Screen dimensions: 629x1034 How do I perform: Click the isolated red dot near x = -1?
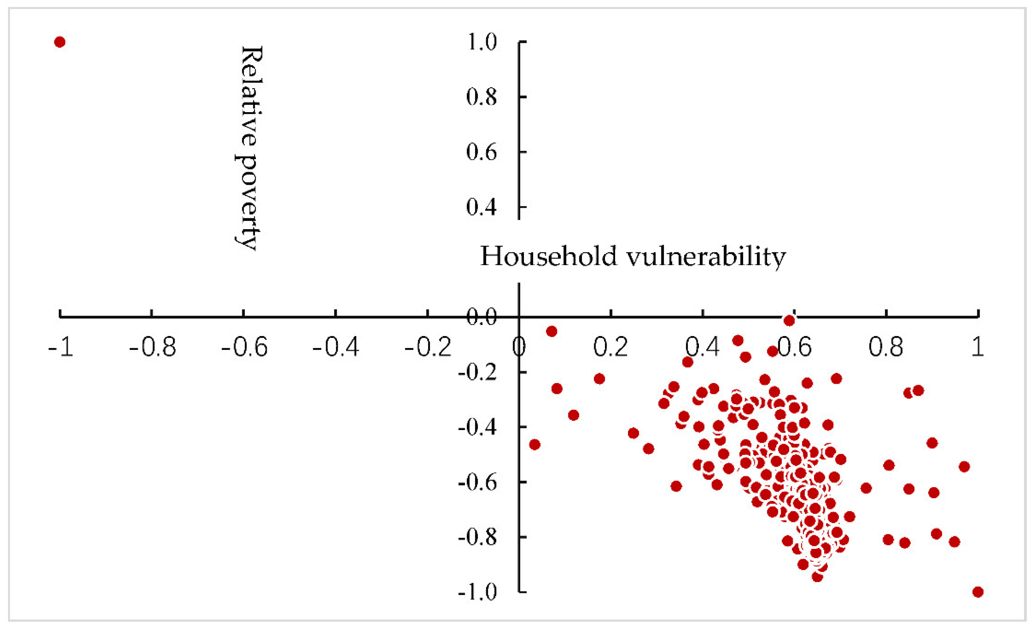(x=59, y=42)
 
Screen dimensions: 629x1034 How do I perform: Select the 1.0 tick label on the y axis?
(x=481, y=42)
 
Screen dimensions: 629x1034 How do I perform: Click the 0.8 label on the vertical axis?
(x=481, y=97)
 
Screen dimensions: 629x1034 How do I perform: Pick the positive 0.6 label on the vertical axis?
(x=481, y=152)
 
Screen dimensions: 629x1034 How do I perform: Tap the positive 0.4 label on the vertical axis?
(x=481, y=207)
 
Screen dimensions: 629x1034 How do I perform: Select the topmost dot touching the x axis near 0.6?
(x=789, y=321)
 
